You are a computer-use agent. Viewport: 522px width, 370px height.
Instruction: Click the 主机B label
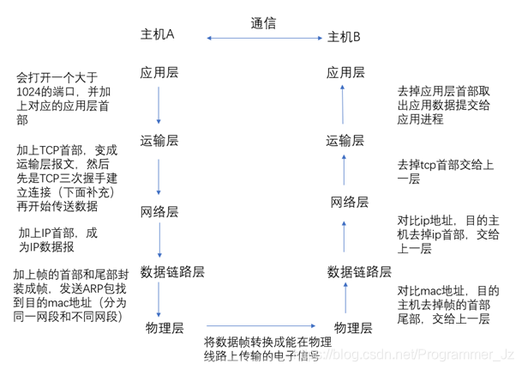click(x=345, y=37)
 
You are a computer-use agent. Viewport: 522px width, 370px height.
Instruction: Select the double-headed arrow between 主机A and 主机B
click(x=265, y=37)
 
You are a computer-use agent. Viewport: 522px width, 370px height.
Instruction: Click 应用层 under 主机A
click(x=159, y=73)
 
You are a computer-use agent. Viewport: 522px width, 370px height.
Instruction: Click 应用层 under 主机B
click(x=345, y=73)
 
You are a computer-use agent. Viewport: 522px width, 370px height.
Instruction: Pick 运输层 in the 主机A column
click(x=159, y=140)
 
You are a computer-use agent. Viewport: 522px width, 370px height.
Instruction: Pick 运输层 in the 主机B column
click(x=345, y=140)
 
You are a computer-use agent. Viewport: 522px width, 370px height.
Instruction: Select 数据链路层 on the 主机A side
click(x=172, y=271)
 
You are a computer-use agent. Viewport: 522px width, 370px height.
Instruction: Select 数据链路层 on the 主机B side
click(x=359, y=271)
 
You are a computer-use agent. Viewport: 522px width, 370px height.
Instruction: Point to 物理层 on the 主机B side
click(x=351, y=327)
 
